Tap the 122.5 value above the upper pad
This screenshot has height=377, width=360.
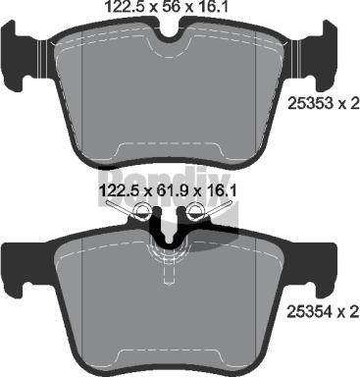pos(129,9)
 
